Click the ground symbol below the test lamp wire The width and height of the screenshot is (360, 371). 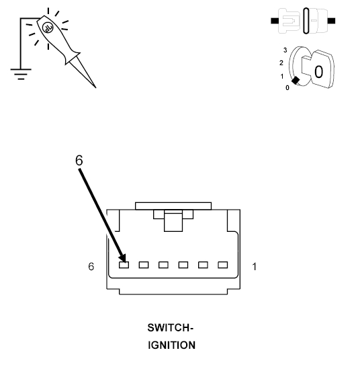[x=21, y=74]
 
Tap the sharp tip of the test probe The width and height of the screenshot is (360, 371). [x=96, y=88]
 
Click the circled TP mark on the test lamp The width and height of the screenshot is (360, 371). [x=48, y=28]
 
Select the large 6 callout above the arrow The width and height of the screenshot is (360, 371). [x=79, y=160]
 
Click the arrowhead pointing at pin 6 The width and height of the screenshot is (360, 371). [x=123, y=257]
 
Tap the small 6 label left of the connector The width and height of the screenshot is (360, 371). [x=91, y=267]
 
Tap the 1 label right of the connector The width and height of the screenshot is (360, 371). [x=255, y=267]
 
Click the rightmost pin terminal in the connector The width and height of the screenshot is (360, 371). [x=223, y=265]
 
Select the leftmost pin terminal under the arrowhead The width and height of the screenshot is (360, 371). [x=124, y=265]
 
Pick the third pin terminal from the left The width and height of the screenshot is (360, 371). [x=163, y=265]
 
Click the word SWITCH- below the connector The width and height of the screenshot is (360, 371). [x=171, y=328]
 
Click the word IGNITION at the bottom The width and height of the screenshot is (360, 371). [x=172, y=345]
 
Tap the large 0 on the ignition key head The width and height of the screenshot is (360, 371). [x=318, y=72]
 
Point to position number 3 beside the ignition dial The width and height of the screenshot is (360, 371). [x=285, y=50]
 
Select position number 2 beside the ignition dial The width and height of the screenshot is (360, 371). [x=281, y=63]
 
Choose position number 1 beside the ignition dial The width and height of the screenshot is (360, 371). [x=282, y=77]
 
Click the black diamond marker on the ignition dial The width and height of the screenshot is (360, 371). [x=296, y=81]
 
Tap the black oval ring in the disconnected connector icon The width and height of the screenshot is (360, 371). [x=306, y=21]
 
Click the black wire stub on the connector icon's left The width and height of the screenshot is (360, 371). [x=275, y=21]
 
